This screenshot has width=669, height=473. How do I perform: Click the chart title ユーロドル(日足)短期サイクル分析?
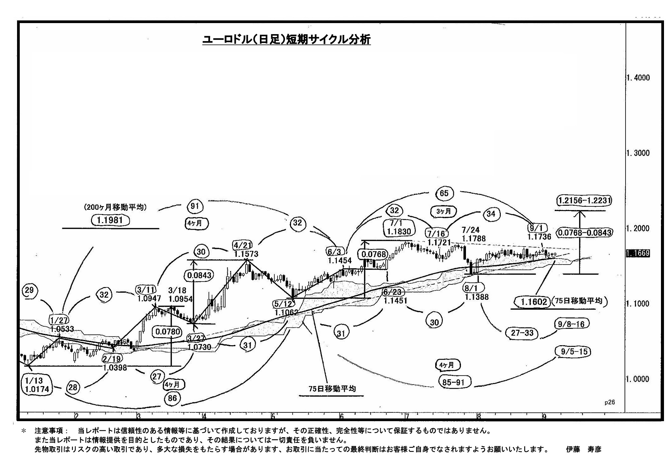click(286, 40)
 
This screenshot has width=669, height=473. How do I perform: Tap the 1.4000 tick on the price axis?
click(638, 78)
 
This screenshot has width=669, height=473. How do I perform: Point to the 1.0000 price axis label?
click(638, 379)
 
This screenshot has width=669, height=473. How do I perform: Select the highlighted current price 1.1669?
click(638, 254)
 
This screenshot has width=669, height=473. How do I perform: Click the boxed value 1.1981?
click(110, 220)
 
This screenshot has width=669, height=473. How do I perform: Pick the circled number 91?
click(195, 206)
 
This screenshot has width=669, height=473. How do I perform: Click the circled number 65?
click(444, 193)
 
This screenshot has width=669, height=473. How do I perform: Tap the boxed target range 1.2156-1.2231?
click(584, 200)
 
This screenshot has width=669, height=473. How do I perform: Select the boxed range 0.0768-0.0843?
click(584, 232)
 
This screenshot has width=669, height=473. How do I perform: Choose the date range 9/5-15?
click(574, 352)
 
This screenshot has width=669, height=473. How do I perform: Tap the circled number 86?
click(172, 398)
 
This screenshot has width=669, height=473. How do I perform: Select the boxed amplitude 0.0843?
click(199, 275)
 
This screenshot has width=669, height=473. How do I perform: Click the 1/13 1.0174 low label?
click(37, 385)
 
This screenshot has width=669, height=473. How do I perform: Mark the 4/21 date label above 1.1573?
click(243, 245)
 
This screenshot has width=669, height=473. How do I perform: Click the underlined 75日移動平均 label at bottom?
click(332, 389)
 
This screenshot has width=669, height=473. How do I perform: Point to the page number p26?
click(609, 402)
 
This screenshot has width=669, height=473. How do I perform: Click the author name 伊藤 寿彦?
click(583, 449)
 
